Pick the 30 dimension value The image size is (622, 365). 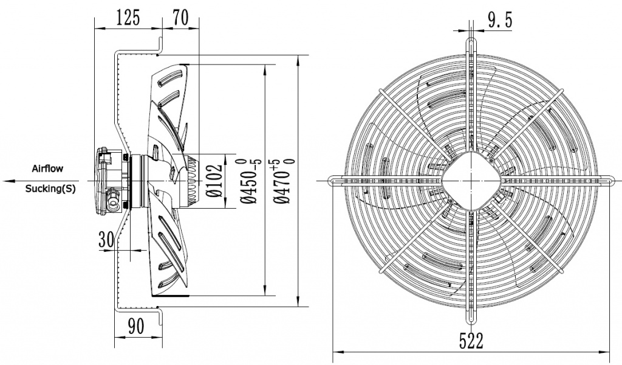pyautogui.click(x=107, y=239)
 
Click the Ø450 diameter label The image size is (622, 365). pyautogui.click(x=251, y=181)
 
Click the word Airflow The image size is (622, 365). pyautogui.click(x=47, y=167)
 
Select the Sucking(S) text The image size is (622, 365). pyautogui.click(x=50, y=189)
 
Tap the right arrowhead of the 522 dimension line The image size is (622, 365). pyautogui.click(x=607, y=351)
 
